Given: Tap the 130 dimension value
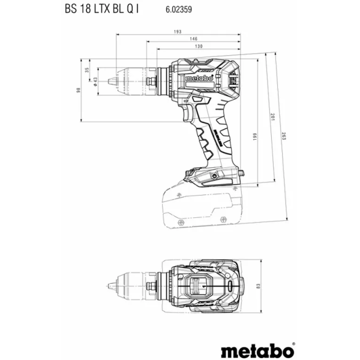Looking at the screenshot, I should coord(199,46).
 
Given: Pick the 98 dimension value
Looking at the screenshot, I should coord(77,89).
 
